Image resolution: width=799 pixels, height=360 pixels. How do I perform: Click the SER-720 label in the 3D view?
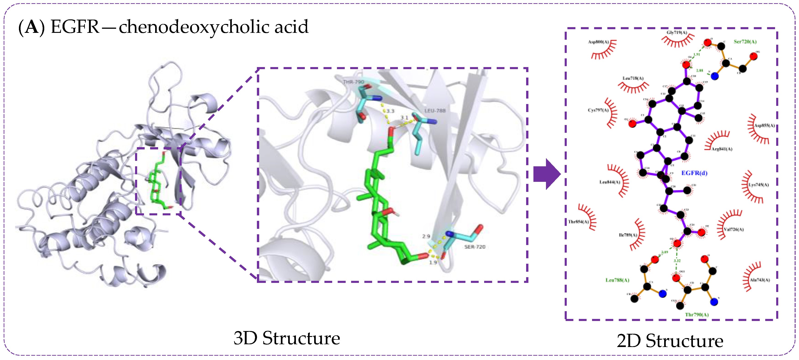[x=475, y=247]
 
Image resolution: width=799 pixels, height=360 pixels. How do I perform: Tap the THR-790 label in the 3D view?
[x=353, y=82]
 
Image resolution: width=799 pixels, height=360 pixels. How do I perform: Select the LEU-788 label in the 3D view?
[x=435, y=111]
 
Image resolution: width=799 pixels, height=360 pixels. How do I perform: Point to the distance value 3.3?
[x=390, y=111]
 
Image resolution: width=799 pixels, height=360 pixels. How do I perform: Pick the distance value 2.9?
[x=426, y=236]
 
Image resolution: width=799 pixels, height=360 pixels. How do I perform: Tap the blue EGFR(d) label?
[x=694, y=173]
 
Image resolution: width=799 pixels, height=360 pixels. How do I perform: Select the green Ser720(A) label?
[x=745, y=42]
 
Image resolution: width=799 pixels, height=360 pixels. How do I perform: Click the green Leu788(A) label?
[x=617, y=280]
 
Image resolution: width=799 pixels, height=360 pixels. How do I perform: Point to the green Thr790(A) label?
[x=697, y=315]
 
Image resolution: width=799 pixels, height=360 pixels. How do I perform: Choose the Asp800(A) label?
[x=598, y=42]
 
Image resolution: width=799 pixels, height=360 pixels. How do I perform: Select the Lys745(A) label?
[x=758, y=185]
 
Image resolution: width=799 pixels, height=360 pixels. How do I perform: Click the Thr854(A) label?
[x=578, y=222]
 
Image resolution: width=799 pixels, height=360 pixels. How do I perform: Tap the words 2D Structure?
[x=670, y=341]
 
